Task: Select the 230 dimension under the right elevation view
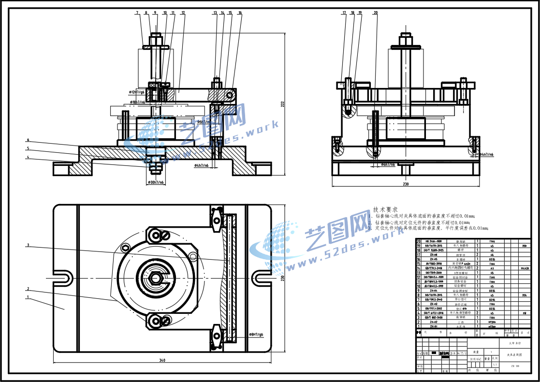tap(405, 184)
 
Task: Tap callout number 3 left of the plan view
tap(28, 245)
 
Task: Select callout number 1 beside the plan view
tap(28, 297)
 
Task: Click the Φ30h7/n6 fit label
tap(156, 183)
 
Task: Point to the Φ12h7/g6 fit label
tap(137, 91)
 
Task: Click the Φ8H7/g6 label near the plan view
tap(256, 334)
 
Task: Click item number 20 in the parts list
tap(419, 241)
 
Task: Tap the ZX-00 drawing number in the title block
tap(514, 366)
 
